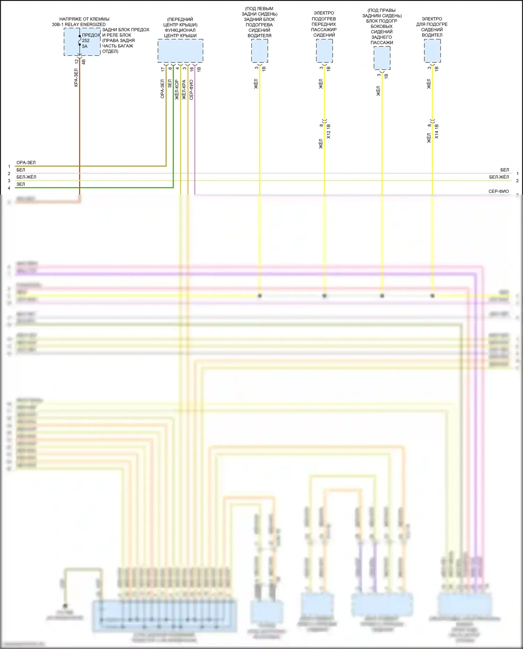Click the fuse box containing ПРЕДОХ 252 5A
coord(82,42)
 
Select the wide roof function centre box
coord(180,51)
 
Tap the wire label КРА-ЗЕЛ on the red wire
coord(76,77)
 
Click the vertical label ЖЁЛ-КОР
coord(177,90)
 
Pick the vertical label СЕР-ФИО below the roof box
coord(191,90)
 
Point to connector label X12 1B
coord(328,131)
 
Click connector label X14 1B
coord(437,131)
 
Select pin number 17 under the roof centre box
coord(163,69)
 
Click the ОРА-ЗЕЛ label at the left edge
coord(26,163)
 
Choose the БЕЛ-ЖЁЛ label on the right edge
coord(499,177)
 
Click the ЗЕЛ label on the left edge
coord(21,184)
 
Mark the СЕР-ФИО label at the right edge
coord(499,191)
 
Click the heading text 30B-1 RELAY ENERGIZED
coord(79,24)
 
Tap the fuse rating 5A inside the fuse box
coord(85,46)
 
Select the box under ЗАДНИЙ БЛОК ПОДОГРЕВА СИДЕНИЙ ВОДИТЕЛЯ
coord(260,51)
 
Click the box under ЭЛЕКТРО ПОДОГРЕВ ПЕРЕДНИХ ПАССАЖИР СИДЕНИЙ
coord(324,51)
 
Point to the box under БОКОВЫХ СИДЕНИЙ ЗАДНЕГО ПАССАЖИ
coord(382,58)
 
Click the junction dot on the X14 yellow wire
coord(432,296)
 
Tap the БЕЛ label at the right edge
coord(505,170)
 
